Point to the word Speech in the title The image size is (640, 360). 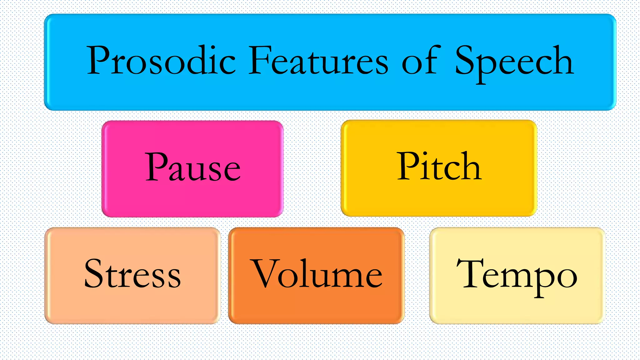click(514, 62)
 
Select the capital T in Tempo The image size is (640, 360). click(470, 273)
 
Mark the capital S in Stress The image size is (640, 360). click(95, 273)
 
